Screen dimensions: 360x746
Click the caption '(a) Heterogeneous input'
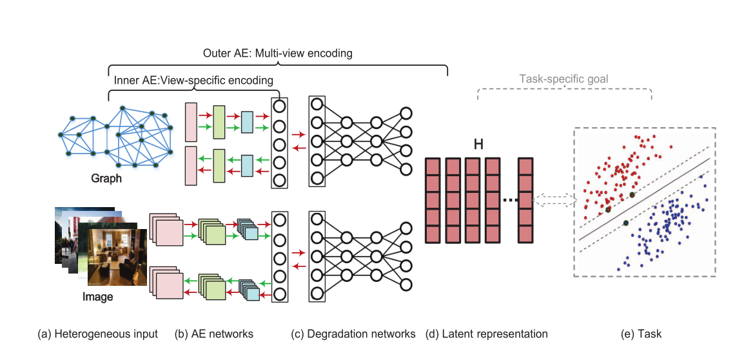coord(97,334)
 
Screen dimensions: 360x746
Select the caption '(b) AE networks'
coord(213,334)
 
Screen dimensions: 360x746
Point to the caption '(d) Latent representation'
coord(486,334)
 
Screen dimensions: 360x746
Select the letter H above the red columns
coord(478,145)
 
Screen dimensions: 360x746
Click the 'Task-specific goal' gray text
coord(564,80)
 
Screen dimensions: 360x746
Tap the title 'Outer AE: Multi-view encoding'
coord(277,53)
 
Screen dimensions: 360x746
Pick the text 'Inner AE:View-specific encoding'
coord(193,81)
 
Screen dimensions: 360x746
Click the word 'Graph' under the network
coord(106,179)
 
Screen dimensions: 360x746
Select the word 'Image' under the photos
coord(97,297)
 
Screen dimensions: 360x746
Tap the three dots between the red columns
coord(510,201)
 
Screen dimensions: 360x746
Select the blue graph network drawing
coord(116,137)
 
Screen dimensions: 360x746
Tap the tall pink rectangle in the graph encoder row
coord(190,121)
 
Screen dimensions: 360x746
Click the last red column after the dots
coord(526,200)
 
